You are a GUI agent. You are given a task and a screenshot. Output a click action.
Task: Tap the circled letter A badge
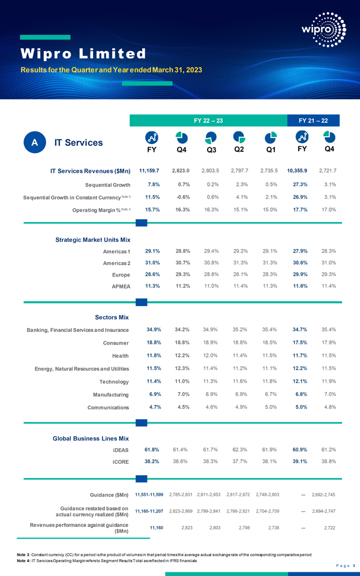point(35,142)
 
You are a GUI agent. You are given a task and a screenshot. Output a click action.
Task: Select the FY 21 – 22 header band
point(316,121)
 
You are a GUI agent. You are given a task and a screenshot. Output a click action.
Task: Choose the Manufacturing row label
point(109,394)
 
